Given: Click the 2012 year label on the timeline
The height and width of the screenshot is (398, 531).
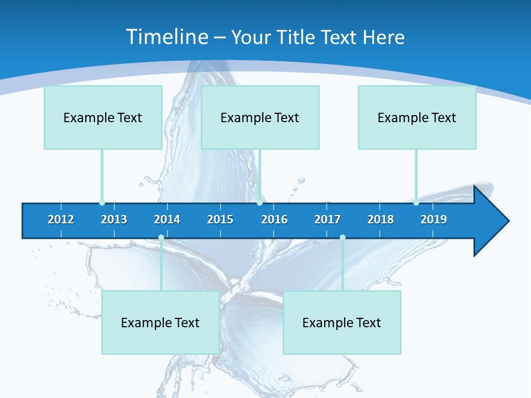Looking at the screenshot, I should tap(61, 219).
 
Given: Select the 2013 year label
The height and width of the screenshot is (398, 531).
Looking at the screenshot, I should tap(114, 219).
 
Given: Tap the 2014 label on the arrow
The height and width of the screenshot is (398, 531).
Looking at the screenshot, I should tap(167, 219).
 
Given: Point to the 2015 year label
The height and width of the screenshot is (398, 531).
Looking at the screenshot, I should tap(220, 219).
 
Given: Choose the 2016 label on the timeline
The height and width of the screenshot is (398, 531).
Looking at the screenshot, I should tap(274, 219).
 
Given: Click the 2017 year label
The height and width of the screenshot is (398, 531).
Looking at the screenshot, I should tap(327, 219).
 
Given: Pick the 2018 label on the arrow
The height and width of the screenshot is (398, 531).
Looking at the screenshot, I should tap(381, 219).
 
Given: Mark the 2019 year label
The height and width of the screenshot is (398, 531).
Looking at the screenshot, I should tap(434, 219).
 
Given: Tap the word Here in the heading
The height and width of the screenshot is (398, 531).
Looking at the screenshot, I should tap(384, 37).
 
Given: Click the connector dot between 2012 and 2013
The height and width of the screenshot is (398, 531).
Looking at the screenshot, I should tap(102, 202).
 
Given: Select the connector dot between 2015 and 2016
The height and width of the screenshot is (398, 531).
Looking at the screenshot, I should tap(259, 202).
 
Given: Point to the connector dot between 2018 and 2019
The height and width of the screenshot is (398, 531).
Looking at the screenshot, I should tap(416, 202).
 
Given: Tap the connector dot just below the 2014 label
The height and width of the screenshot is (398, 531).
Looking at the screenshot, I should tap(161, 237).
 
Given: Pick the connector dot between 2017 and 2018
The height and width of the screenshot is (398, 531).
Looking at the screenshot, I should tap(342, 237).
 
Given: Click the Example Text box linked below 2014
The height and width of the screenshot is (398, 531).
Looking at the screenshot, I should tap(160, 323).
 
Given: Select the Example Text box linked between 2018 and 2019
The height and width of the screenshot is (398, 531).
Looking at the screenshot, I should tap(417, 118).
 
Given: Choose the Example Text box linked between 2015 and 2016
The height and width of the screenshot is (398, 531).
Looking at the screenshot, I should tap(260, 118).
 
